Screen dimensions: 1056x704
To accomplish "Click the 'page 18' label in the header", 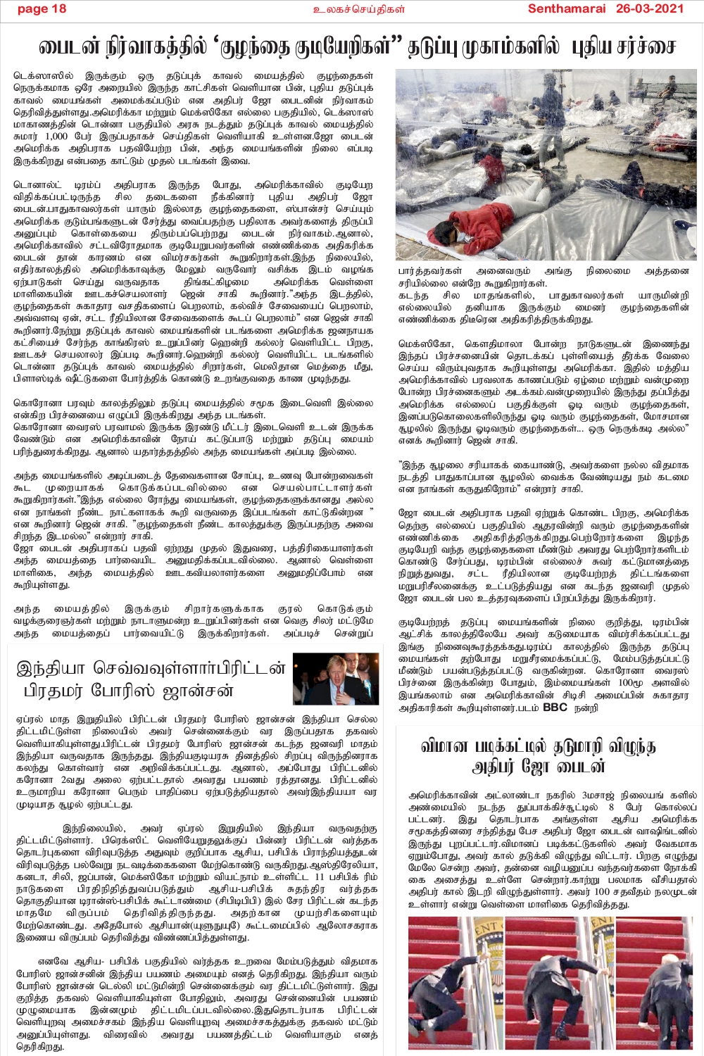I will (42, 8).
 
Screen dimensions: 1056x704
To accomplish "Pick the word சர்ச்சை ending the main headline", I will (645, 47).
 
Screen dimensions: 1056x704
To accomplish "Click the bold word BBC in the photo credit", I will (554, 707).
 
